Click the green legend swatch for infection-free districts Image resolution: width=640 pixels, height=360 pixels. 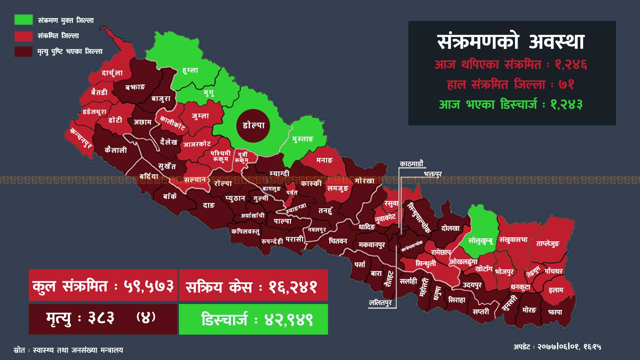[23, 20]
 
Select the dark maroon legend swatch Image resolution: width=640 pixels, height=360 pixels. [23, 51]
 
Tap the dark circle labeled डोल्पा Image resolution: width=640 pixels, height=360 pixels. [253, 126]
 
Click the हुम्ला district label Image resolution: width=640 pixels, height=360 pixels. [190, 70]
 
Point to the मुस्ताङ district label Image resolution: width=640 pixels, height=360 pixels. [303, 139]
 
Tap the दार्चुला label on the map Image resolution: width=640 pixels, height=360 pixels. [112, 73]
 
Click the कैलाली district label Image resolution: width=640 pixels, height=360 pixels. [116, 150]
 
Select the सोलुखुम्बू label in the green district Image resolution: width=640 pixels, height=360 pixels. [480, 241]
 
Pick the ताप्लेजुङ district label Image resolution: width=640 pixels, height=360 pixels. [548, 244]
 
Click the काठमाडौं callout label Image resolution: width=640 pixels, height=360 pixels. [412, 164]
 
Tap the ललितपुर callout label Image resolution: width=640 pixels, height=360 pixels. [380, 303]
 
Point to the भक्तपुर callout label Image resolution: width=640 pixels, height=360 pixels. [433, 174]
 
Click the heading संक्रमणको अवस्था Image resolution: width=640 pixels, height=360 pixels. [511, 42]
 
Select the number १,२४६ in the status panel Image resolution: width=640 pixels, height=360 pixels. [571, 64]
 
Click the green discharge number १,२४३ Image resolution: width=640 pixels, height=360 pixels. [566, 105]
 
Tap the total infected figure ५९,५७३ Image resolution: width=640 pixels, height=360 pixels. [149, 286]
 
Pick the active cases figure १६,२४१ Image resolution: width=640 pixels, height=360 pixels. [293, 287]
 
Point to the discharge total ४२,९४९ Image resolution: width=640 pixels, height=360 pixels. [289, 320]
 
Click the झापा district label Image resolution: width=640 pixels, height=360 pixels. [555, 312]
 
